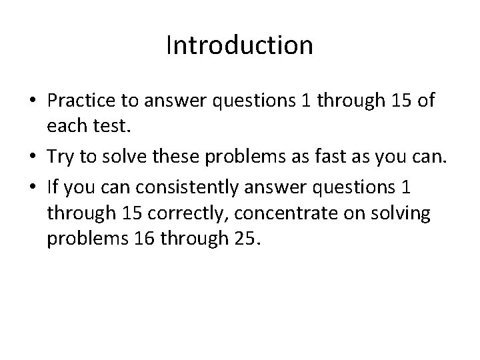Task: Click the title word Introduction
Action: (239, 45)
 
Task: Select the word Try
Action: (61, 157)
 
